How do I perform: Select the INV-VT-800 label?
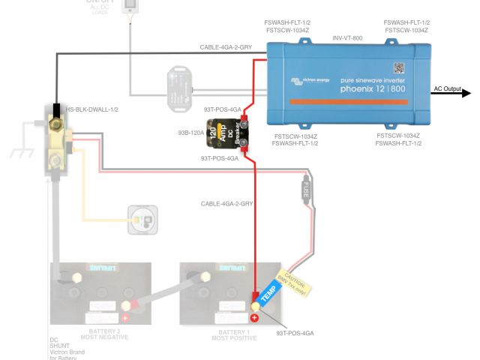(348, 37)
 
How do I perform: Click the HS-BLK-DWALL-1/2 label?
(92, 109)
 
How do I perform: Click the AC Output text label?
(448, 88)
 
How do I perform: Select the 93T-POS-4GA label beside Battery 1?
(294, 331)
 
